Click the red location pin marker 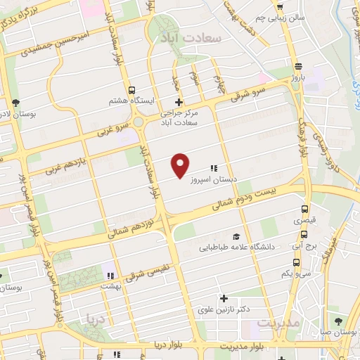(x=181, y=165)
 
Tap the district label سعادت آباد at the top (x=191, y=36)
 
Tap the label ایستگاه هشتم (x=128, y=101)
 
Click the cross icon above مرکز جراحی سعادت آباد (x=179, y=103)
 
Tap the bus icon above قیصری (x=304, y=210)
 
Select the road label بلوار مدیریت (x=240, y=347)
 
